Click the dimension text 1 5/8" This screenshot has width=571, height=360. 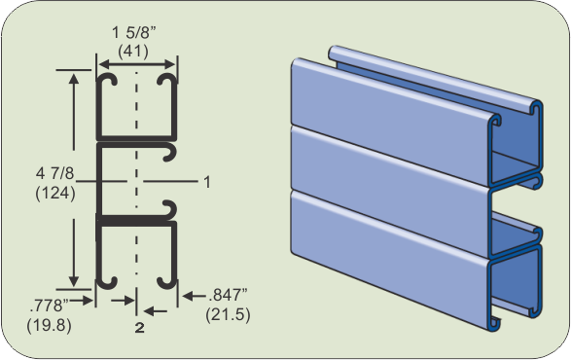pos(134,33)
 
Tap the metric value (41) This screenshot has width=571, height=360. pos(133,51)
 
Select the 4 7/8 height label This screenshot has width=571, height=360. pos(54,173)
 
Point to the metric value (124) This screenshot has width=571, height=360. pos(55,193)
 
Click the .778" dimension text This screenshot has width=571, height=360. pos(50,306)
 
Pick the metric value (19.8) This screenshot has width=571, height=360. pos(50,325)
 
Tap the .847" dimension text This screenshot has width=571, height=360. pos(228,295)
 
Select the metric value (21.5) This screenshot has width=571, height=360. pos(228,314)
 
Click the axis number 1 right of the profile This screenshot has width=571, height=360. pos(207,182)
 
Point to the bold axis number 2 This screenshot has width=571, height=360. pos(140,328)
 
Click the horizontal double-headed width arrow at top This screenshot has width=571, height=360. pos(137,65)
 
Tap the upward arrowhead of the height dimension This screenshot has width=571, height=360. pos(74,80)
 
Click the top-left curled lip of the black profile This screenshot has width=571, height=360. pos(107,79)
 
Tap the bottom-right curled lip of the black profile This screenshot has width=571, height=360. pos(167,282)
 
